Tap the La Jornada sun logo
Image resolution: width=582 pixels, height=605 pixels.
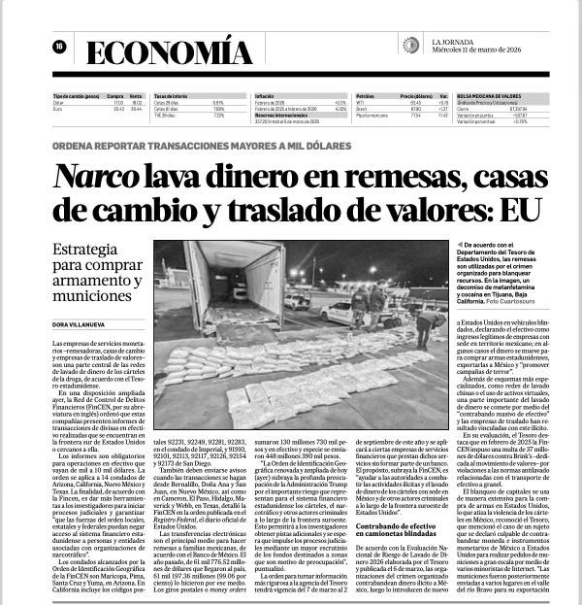(x=411, y=45)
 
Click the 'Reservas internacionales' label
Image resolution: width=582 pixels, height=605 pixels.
(x=281, y=115)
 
